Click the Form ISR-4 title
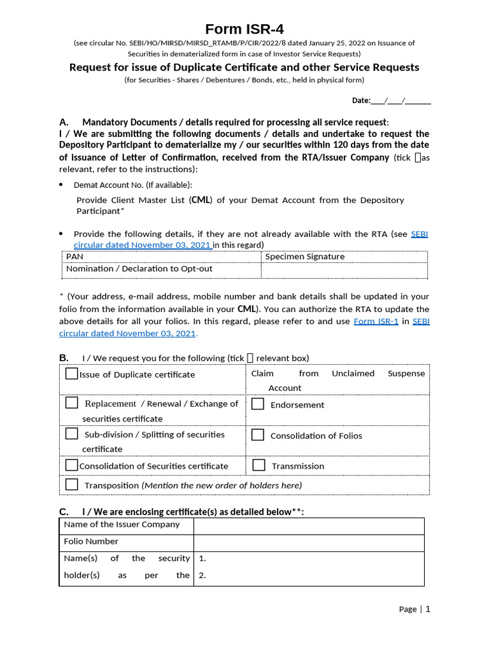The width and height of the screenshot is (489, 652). click(x=244, y=29)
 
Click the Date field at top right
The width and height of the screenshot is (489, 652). click(x=392, y=101)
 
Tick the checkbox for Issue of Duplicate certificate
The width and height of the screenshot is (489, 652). click(x=72, y=374)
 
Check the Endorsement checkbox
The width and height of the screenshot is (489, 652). click(x=258, y=404)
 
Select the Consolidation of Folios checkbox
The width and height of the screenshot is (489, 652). click(x=258, y=435)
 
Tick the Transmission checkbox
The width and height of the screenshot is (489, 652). click(x=259, y=465)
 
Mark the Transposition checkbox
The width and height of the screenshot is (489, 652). click(x=72, y=485)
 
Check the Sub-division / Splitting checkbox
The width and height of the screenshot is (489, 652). click(x=72, y=434)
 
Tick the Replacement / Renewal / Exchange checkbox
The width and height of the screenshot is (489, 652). click(x=72, y=403)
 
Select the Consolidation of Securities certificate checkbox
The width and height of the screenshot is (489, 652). click(x=72, y=465)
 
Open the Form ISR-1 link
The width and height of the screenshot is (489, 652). click(x=376, y=322)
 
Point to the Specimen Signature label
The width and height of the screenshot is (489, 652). click(x=304, y=257)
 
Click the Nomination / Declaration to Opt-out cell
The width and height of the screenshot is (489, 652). click(x=139, y=269)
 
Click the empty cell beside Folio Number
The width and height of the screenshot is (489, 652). click(x=308, y=542)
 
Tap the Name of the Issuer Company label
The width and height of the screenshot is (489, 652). click(x=122, y=525)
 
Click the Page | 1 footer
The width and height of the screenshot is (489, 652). click(x=415, y=609)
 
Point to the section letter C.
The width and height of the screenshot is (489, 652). click(x=63, y=512)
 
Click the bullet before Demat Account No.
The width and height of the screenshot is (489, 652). click(x=61, y=185)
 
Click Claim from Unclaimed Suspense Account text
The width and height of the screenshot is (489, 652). click(x=337, y=380)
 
